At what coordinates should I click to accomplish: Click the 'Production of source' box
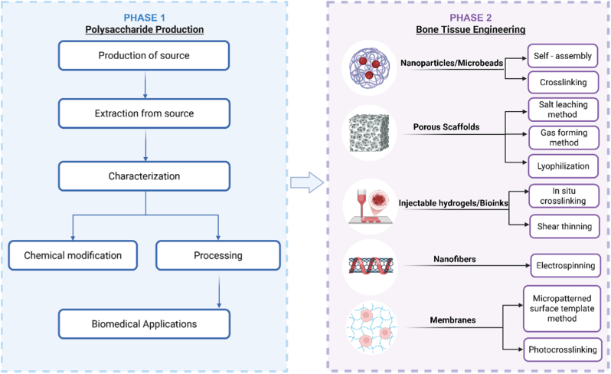click(144, 55)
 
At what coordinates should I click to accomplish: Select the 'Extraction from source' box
click(144, 113)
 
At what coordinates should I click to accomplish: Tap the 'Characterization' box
click(144, 176)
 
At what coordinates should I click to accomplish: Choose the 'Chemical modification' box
click(73, 255)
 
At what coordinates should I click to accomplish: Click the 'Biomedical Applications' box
click(144, 324)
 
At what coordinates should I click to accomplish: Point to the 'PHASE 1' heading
click(144, 18)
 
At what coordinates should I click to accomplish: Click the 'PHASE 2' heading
click(471, 18)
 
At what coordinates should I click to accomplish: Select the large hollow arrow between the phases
click(307, 182)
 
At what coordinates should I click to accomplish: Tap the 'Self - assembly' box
click(563, 56)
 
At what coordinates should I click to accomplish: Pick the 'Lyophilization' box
click(564, 166)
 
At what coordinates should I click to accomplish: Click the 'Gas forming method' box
click(564, 138)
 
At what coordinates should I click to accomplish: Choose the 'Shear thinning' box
click(564, 226)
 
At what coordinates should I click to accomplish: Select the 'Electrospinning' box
click(565, 266)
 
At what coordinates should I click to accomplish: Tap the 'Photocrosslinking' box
click(563, 349)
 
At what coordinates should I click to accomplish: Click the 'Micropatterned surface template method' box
click(562, 309)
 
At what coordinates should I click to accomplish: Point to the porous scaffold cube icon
click(369, 133)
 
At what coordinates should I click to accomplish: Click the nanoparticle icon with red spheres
click(369, 69)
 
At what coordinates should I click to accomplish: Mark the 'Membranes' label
click(453, 320)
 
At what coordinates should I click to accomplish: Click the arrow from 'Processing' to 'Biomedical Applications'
click(219, 292)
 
